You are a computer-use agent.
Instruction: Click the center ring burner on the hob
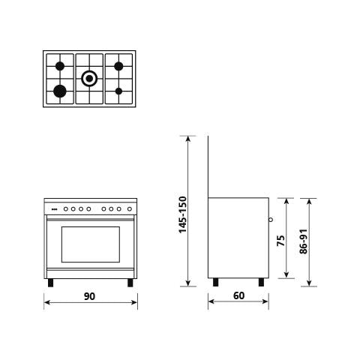coord(89,76)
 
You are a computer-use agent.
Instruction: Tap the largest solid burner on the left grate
coord(60,91)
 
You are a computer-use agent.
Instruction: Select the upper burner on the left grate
coord(60,66)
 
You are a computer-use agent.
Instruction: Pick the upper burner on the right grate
coord(118,66)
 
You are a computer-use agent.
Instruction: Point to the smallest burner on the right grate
coord(118,91)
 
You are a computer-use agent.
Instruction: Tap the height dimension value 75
coord(280,241)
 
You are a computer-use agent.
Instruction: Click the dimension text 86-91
coord(303,241)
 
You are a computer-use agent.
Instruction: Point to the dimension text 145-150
coord(182,214)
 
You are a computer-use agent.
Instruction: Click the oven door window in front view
coord(89,244)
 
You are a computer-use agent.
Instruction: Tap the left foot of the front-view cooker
coord(51,283)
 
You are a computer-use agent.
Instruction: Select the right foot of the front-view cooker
coord(130,283)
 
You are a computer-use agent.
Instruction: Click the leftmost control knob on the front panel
coord(64,208)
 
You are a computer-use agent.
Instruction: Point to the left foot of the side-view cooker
coord(217,283)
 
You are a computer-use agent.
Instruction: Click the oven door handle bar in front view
coord(91,218)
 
